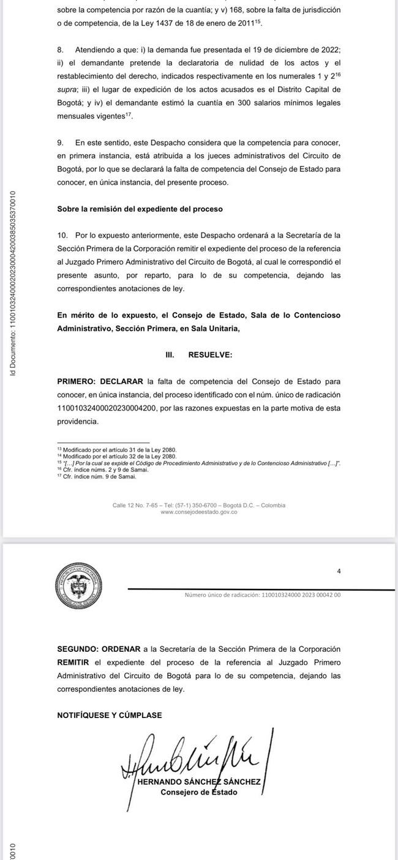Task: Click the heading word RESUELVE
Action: (x=210, y=354)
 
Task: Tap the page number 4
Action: (x=339, y=571)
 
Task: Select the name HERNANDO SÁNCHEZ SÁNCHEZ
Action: (x=199, y=783)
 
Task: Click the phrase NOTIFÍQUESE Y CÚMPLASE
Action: (x=110, y=715)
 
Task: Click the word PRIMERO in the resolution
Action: (x=77, y=380)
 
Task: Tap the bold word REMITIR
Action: (x=73, y=662)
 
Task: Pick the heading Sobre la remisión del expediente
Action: (x=140, y=209)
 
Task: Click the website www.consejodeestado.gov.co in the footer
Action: (x=198, y=512)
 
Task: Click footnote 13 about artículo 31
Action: (x=116, y=449)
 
